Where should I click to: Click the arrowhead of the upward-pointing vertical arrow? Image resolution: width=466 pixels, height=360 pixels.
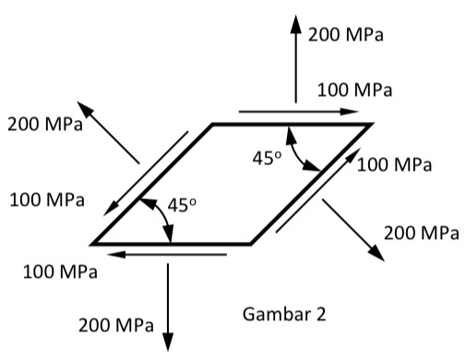coord(295,24)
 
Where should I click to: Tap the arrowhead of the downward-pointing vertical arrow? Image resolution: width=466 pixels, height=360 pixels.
coord(168,335)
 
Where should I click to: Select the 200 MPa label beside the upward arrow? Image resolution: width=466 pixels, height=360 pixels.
coord(346,35)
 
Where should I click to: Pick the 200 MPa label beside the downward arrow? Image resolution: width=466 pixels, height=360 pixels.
coord(116,324)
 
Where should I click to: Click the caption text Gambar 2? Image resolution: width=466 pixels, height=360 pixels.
coord(284,314)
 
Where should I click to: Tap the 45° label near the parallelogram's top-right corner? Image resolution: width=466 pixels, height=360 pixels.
coord(268,158)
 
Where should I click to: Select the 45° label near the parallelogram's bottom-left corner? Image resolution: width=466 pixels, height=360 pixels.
coord(180,205)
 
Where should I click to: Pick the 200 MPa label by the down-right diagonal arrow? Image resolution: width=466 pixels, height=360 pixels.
coord(421,232)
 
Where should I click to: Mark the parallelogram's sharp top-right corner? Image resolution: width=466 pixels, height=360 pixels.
coord(370,124)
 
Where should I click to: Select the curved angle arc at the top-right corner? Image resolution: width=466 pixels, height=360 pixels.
coord(300,152)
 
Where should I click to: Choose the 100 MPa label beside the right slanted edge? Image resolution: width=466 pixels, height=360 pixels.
coord(395,165)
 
